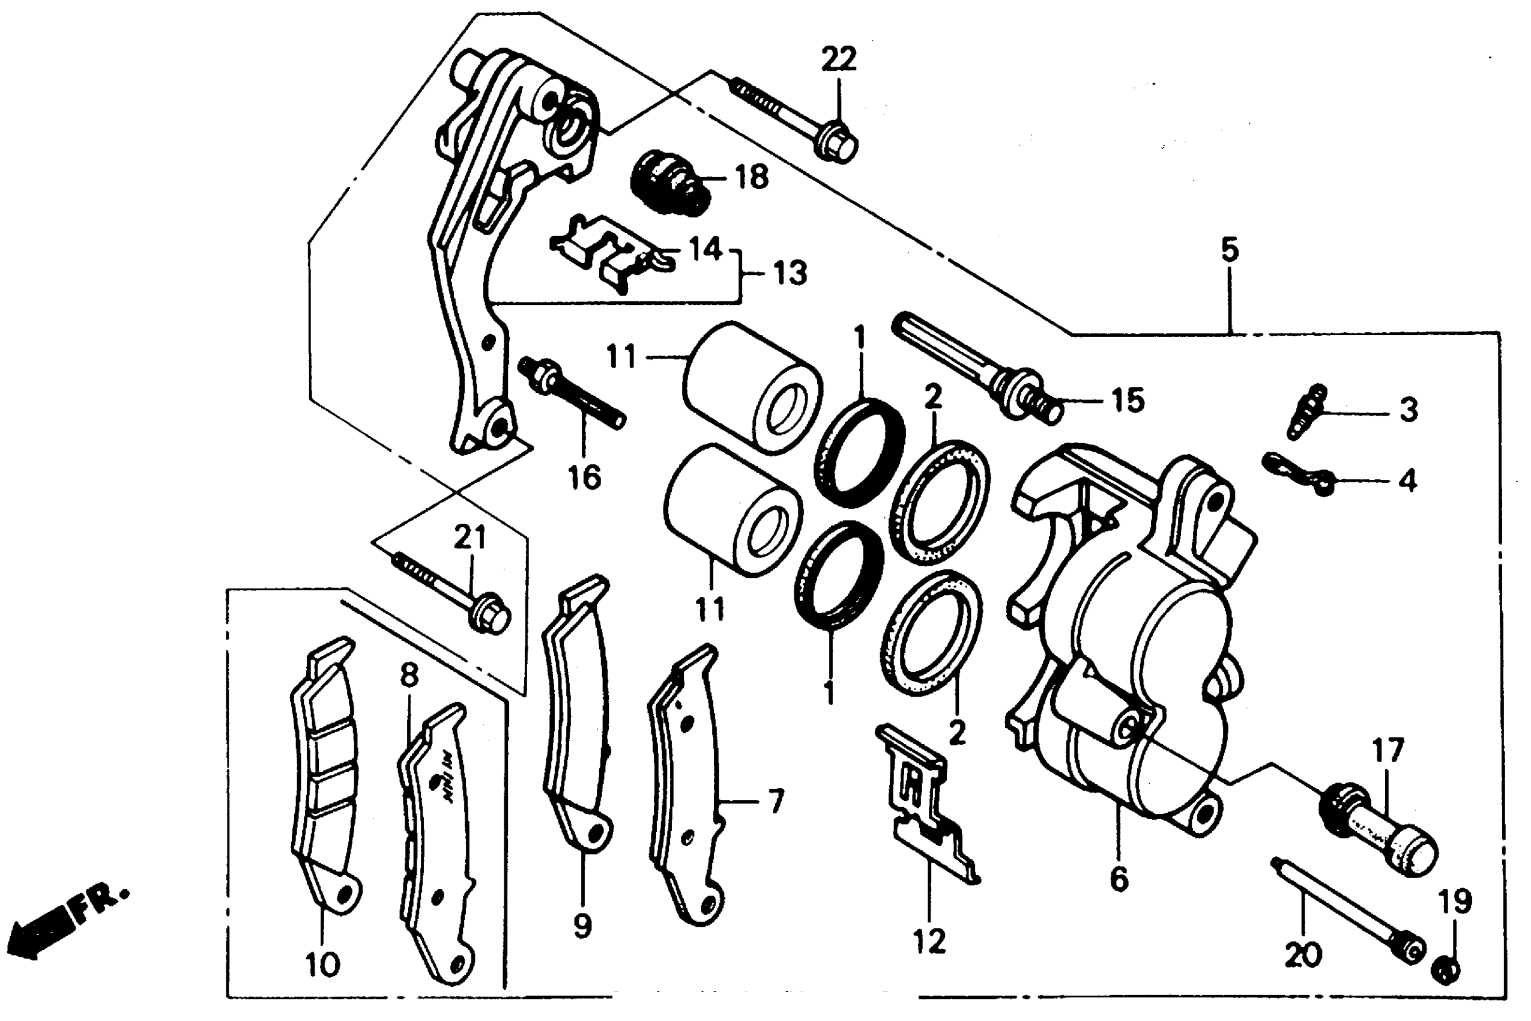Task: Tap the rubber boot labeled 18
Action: click(x=671, y=180)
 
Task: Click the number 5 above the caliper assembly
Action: click(x=1229, y=250)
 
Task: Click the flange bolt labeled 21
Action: click(x=456, y=589)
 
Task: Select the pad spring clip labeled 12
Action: click(x=925, y=807)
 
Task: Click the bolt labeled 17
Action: click(x=1380, y=834)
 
